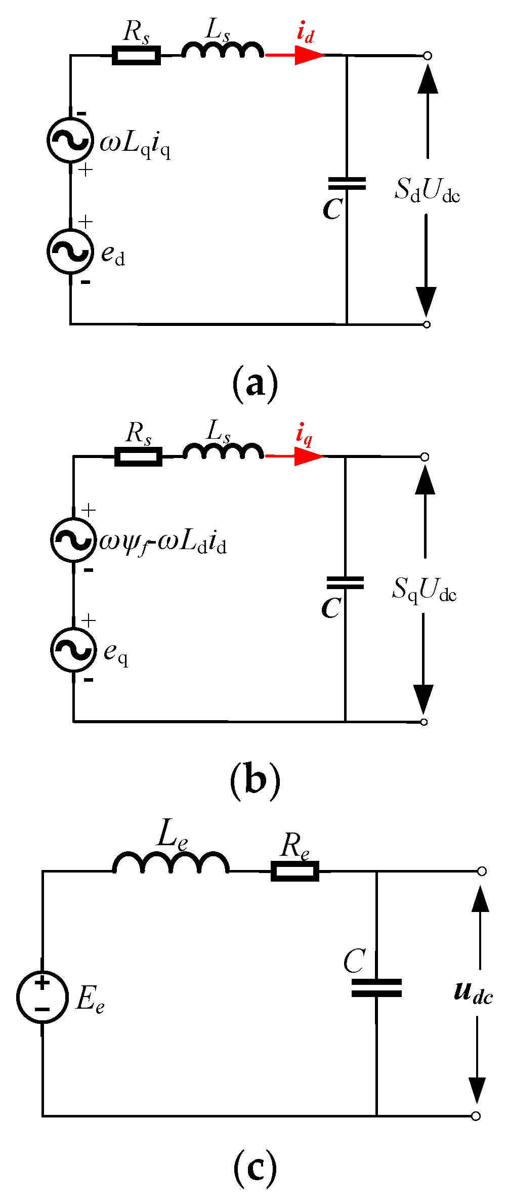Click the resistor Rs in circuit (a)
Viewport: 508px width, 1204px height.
(136, 55)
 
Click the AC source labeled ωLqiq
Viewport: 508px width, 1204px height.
(70, 140)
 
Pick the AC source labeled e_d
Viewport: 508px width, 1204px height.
(70, 251)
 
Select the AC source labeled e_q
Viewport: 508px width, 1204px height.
(73, 650)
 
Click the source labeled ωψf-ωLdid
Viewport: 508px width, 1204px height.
(73, 539)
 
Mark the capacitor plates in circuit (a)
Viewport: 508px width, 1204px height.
(347, 183)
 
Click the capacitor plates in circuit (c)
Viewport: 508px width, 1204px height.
(376, 987)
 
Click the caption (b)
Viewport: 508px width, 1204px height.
(255, 781)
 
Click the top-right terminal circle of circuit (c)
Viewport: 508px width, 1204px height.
(482, 871)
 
